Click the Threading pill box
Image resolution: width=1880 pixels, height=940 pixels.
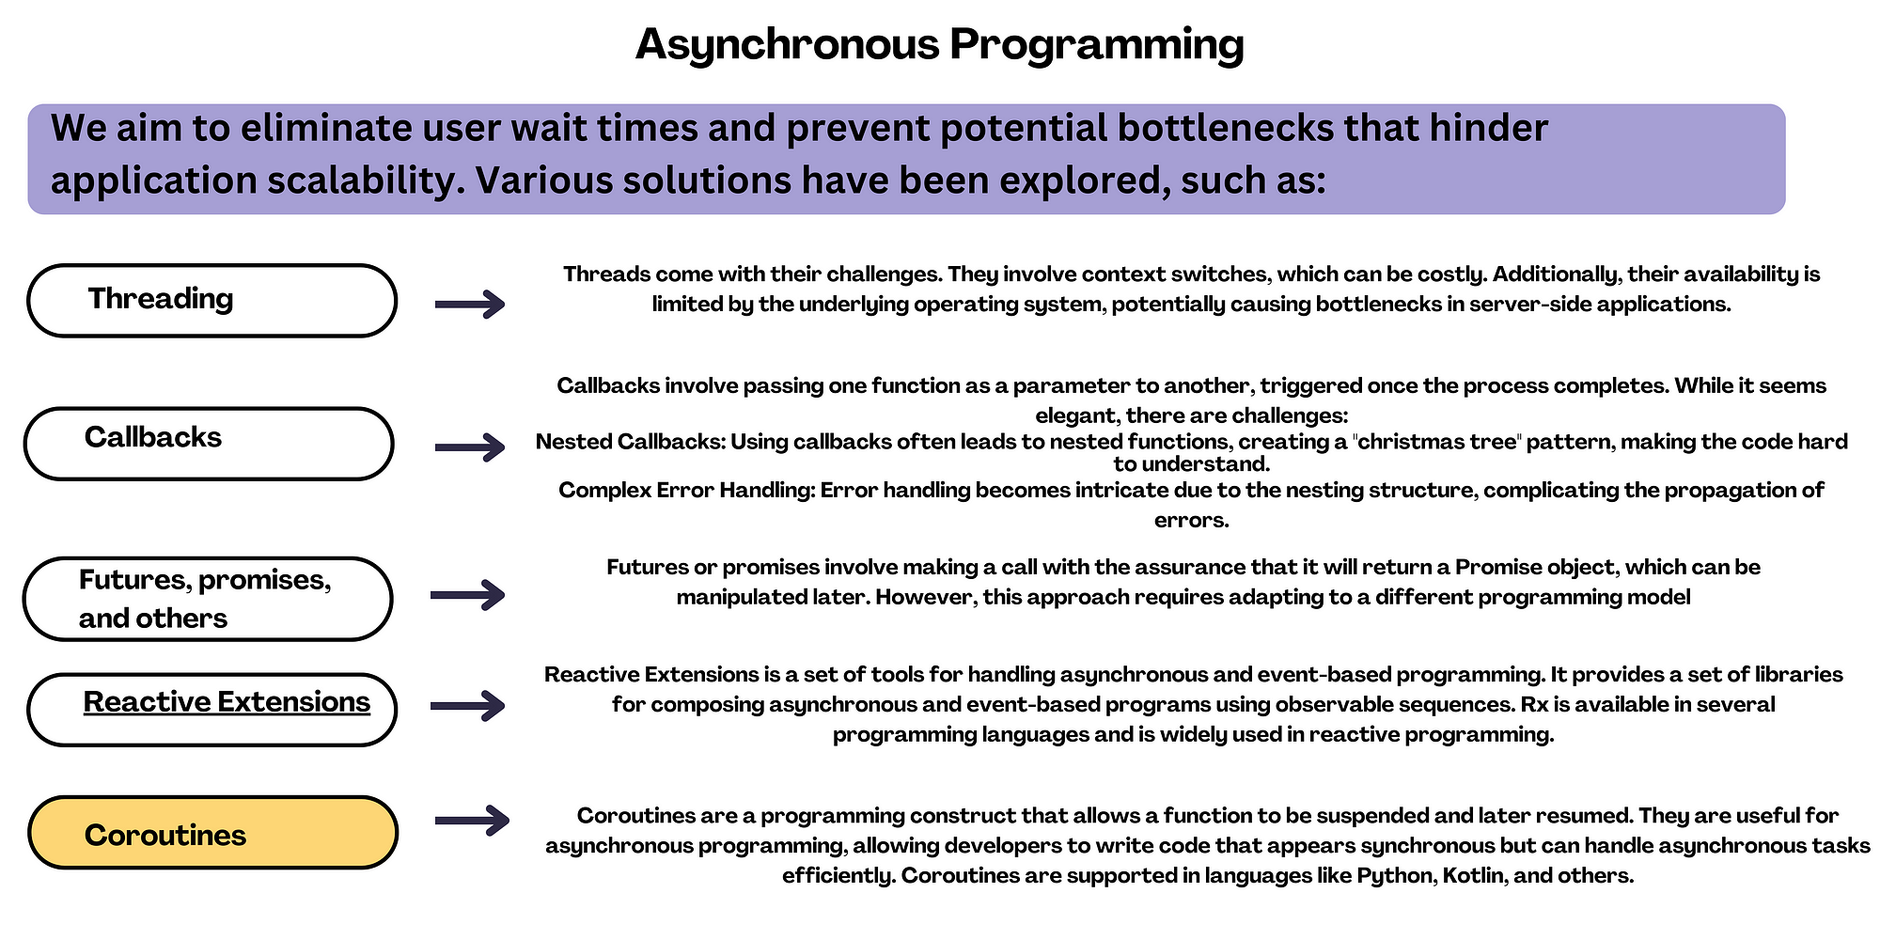212,301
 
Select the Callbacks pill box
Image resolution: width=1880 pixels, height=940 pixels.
209,444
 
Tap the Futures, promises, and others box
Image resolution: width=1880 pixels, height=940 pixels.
208,599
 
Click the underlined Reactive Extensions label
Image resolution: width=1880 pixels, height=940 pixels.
227,702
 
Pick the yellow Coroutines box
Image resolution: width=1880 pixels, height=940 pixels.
213,833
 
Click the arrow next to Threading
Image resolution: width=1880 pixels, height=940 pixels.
470,304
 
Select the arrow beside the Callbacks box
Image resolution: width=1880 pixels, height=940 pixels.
470,446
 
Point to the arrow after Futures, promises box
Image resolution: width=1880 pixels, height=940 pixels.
467,594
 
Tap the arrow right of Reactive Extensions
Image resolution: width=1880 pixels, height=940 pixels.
467,705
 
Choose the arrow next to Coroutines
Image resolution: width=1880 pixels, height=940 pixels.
472,821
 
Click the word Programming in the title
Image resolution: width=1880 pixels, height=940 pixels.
1096,45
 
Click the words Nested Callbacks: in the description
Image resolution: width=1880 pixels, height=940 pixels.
630,442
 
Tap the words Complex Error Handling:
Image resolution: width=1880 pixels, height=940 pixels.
686,491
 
